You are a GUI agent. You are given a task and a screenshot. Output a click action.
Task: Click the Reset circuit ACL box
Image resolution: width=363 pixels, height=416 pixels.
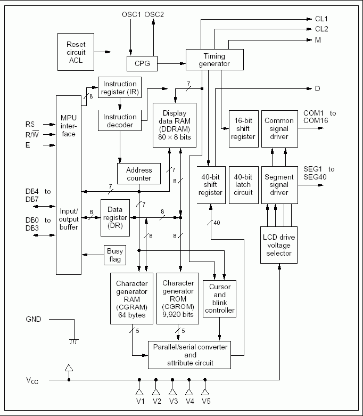click(76, 52)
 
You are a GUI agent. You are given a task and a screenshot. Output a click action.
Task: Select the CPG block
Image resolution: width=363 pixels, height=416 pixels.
click(142, 64)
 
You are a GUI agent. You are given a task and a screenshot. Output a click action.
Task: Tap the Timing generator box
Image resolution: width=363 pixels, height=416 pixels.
click(214, 60)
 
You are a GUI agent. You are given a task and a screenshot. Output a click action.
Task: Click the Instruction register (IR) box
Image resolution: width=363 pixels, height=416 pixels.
click(120, 87)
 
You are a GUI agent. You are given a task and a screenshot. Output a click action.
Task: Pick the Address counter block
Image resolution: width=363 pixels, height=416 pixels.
click(139, 174)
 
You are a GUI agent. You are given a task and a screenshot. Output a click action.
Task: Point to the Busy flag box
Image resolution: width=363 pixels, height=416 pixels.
click(115, 255)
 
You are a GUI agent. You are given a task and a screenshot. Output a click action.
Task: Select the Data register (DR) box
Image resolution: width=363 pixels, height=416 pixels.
click(115, 218)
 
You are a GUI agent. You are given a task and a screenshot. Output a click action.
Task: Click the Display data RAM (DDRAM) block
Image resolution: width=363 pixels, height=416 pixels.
click(175, 125)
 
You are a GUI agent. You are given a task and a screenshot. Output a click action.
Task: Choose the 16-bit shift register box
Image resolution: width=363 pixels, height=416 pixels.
click(244, 129)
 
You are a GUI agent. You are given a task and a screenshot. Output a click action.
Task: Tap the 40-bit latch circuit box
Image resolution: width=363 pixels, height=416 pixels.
click(244, 185)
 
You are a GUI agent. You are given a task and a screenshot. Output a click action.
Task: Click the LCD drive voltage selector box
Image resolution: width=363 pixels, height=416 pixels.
click(279, 245)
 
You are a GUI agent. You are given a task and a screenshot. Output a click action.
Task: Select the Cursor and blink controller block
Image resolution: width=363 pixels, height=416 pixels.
click(219, 299)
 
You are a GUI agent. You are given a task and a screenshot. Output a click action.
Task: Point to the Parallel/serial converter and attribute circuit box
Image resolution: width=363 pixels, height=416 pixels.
click(189, 355)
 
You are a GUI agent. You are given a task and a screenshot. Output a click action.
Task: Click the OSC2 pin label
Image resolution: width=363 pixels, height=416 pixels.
click(154, 14)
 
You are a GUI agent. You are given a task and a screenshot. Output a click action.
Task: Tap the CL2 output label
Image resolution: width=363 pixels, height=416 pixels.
click(321, 29)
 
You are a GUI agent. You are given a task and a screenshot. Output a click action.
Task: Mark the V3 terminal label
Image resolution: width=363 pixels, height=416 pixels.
click(174, 402)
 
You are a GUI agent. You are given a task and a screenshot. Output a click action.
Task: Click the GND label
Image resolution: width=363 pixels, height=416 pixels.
click(34, 319)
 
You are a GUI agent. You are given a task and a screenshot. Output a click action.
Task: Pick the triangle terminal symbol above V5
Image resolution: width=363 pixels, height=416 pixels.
click(205, 391)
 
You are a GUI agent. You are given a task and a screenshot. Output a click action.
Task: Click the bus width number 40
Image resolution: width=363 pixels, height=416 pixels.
click(217, 223)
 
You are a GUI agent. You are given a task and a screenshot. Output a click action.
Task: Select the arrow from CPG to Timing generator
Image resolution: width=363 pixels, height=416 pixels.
click(171, 64)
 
